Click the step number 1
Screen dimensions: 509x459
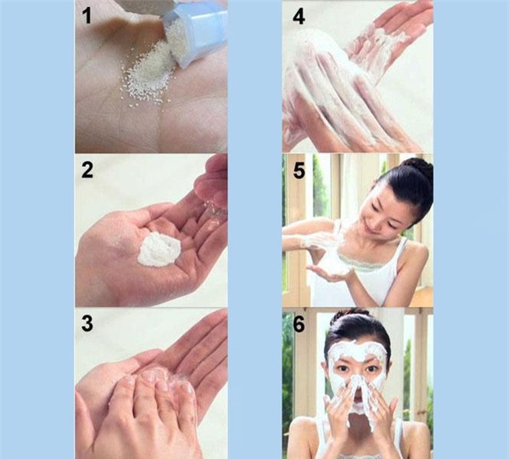(87, 16)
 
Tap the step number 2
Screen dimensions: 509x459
(87, 170)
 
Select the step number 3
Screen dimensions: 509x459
(87, 323)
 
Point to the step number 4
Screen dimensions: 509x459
(299, 17)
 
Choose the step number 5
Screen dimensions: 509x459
(299, 171)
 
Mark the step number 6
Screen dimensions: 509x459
(299, 323)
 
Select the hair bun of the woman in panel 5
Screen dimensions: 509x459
(419, 169)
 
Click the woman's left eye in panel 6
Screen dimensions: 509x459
(372, 369)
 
